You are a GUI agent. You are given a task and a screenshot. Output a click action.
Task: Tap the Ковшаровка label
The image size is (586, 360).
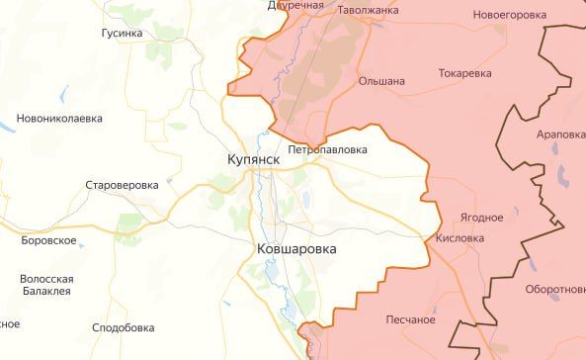point(295,250)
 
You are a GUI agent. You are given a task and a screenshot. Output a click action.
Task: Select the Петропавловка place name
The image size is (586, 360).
point(327,150)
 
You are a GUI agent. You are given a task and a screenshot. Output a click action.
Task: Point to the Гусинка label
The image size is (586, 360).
point(122,33)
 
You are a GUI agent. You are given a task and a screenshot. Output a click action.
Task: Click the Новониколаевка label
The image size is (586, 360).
point(59,119)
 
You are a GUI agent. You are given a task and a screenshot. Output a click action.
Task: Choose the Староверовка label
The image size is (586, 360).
point(122,185)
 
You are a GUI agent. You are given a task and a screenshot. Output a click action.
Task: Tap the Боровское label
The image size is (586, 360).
point(49,240)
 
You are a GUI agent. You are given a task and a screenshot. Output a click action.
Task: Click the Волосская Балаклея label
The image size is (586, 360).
point(47,286)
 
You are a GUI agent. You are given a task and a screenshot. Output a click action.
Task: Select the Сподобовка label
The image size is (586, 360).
point(123,327)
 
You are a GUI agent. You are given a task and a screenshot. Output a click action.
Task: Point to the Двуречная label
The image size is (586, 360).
point(295,6)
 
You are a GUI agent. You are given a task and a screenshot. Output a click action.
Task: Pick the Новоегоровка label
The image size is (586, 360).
point(509,16)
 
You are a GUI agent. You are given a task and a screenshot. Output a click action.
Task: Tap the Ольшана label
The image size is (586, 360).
point(381,81)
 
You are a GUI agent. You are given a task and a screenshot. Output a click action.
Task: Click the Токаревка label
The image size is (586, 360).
point(464,73)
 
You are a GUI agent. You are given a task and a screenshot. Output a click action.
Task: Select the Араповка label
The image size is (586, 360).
point(560,134)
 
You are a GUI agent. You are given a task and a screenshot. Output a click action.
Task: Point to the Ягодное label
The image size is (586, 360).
point(481,218)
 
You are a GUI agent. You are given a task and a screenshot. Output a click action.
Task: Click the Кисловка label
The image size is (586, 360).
point(460,238)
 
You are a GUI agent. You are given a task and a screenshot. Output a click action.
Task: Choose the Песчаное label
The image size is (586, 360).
point(411,319)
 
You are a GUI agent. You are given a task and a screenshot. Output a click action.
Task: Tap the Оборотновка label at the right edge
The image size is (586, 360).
point(554,290)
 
